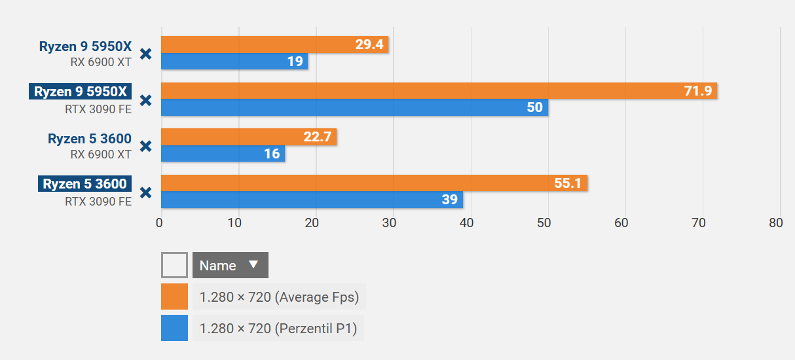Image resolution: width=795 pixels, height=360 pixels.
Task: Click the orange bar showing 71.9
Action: coord(439,91)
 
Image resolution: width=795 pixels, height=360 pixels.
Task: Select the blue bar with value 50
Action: coord(354,107)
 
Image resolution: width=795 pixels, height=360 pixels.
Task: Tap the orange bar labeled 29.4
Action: coord(274,45)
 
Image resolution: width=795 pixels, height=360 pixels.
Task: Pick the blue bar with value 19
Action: coord(234,62)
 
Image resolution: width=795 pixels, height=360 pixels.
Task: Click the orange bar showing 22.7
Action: coord(248,137)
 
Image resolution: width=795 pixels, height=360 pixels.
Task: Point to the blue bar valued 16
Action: coord(223,154)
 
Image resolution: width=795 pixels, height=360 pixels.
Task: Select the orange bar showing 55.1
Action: coord(374,183)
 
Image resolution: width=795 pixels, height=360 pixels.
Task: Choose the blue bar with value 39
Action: coord(312,200)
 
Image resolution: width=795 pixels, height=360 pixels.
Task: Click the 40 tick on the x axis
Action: coord(467,223)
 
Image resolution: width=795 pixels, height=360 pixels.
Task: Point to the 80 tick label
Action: coord(776,223)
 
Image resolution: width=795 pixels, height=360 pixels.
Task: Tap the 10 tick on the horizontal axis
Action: coord(234,223)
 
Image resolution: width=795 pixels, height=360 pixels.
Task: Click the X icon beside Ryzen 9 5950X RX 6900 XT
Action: coord(146,54)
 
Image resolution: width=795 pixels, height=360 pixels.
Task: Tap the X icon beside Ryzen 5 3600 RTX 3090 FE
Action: coord(146,192)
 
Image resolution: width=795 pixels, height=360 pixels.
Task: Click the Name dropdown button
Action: coord(230,265)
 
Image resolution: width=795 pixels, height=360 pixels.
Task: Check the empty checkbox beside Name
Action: coord(174,265)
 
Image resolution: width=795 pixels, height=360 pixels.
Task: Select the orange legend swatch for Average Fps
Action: coord(174,297)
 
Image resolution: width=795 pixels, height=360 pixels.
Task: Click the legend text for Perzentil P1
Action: coord(278,329)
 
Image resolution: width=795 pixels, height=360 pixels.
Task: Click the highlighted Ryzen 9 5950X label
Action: coord(81,92)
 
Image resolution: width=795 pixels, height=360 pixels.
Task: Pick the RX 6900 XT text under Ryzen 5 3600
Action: coord(101,154)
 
